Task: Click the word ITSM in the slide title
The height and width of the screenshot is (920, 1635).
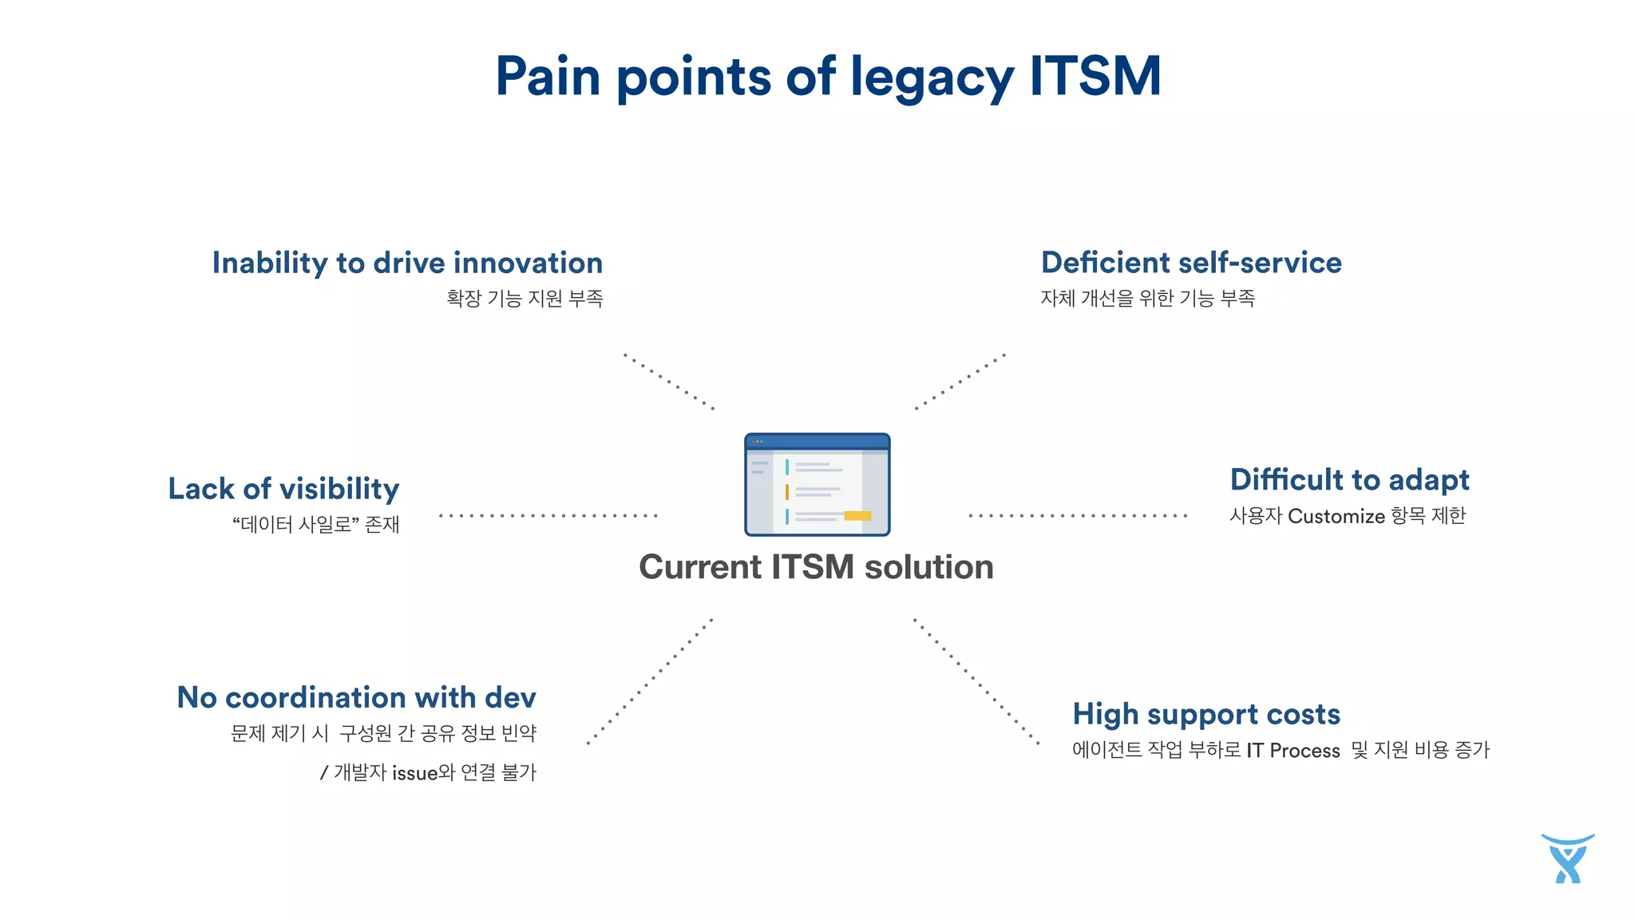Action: tap(1095, 77)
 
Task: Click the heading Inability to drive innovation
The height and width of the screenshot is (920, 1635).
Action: tap(407, 263)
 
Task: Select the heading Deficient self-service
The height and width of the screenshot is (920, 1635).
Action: tap(1191, 263)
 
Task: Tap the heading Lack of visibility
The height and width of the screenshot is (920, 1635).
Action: tap(283, 489)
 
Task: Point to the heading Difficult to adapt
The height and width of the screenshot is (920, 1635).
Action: tap(1349, 480)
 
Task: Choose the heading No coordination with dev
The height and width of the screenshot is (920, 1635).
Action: tap(356, 697)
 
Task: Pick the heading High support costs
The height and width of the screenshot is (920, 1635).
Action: tap(1206, 714)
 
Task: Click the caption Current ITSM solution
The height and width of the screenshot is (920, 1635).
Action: tap(816, 567)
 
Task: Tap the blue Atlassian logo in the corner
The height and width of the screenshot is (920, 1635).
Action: tap(1567, 859)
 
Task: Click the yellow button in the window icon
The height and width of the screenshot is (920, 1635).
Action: tap(857, 516)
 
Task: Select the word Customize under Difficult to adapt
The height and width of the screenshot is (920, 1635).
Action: tap(1336, 517)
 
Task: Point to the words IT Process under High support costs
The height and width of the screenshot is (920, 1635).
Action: tap(1293, 751)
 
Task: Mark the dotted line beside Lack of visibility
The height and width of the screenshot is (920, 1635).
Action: tap(548, 516)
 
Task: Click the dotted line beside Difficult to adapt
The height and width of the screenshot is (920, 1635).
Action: tap(1078, 516)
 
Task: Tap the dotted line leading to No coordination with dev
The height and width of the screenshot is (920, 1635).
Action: tap(650, 681)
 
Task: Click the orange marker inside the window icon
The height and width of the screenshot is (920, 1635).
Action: tap(786, 492)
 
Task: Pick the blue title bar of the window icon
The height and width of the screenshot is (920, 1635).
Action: tap(817, 442)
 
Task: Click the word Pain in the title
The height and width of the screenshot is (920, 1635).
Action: tap(548, 77)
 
